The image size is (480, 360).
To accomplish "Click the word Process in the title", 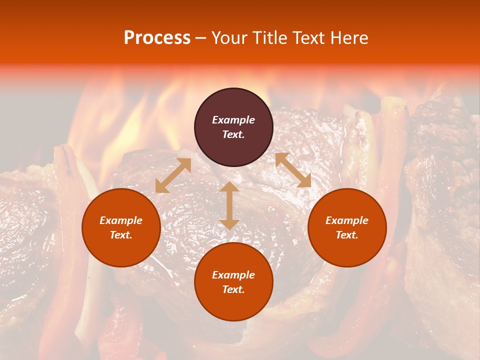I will pos(157,38).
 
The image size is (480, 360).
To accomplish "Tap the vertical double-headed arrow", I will pos(229,205).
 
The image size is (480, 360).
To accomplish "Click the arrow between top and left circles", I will pos(173,175).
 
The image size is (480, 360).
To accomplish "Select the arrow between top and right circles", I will pos(293,170).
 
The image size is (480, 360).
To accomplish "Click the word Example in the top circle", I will pos(233,120).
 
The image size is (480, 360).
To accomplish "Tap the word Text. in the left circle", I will pos(121,235).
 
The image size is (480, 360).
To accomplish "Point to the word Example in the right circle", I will pos(347,220).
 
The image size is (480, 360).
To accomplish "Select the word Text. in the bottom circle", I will pos(233,289).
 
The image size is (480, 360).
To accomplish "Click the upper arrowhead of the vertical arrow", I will pos(229,187).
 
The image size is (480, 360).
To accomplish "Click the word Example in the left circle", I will pos(121,220).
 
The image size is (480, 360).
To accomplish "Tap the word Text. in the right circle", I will pos(347,235).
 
